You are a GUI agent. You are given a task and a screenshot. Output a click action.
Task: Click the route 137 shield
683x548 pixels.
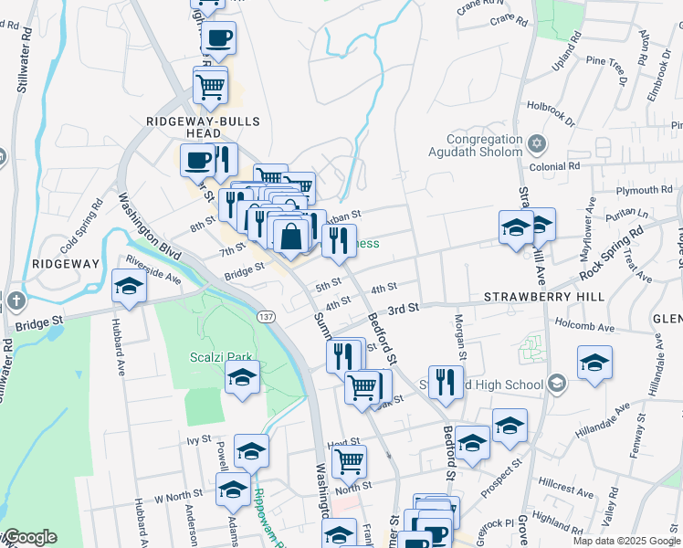pyautogui.click(x=266, y=315)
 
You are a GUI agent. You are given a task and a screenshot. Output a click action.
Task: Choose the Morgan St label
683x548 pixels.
pyautogui.click(x=460, y=339)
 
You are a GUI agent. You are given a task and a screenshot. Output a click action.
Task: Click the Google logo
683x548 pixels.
pyautogui.click(x=30, y=537)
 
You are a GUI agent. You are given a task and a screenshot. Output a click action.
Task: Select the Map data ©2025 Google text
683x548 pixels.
pyautogui.click(x=625, y=541)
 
